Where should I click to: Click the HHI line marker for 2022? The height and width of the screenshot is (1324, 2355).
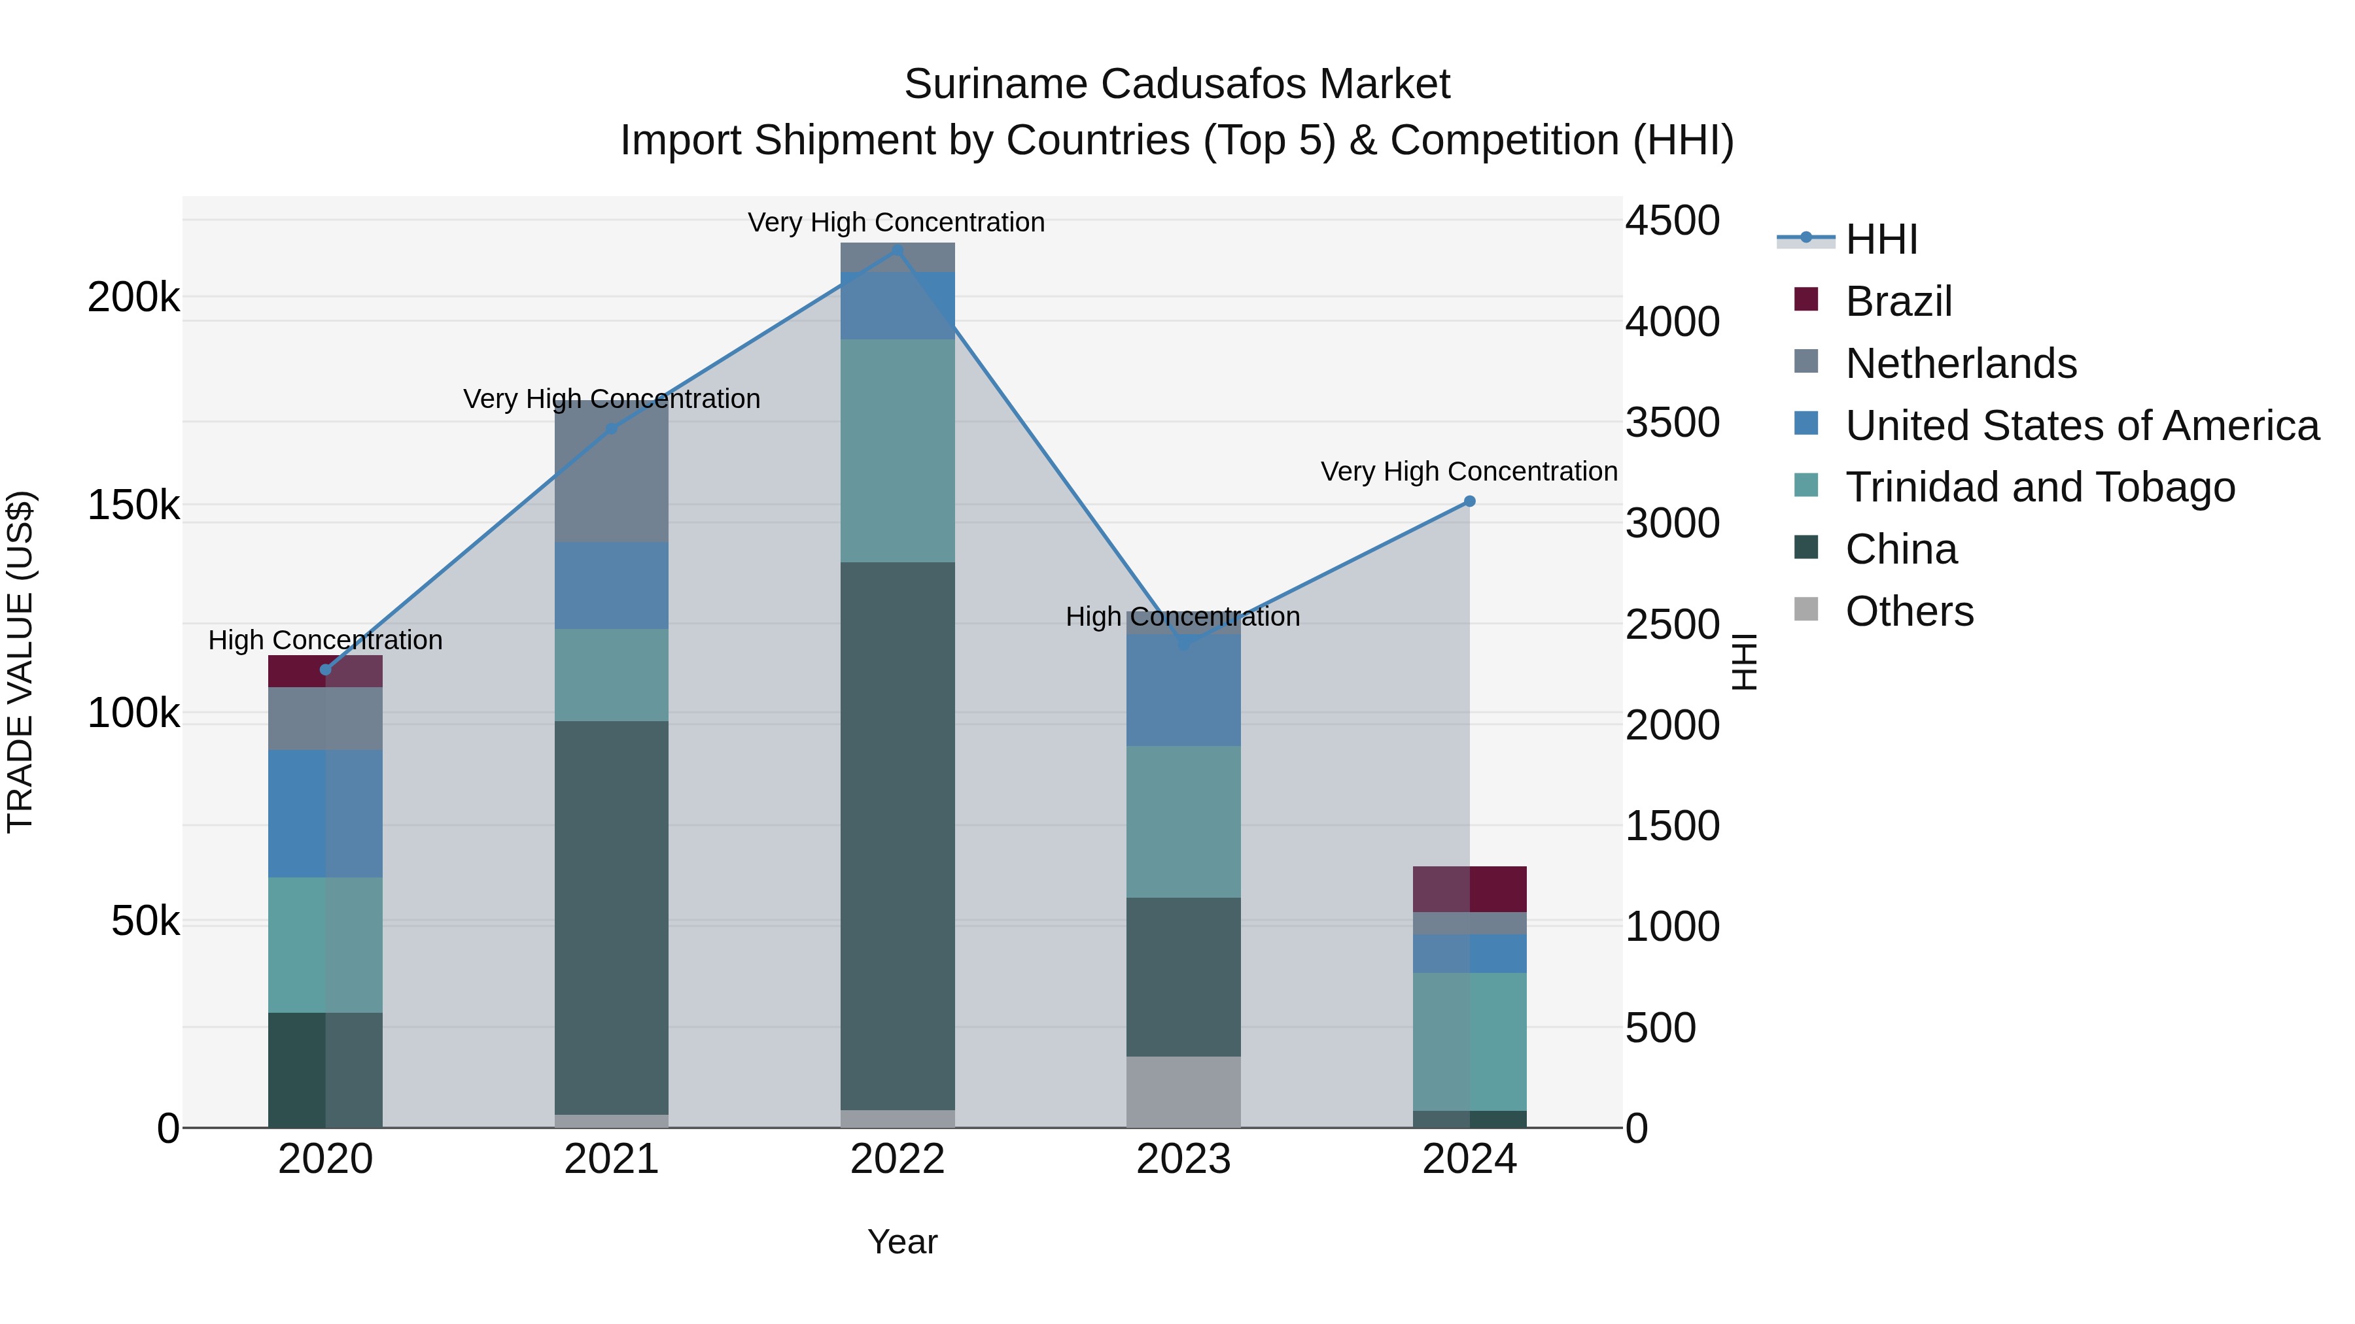(897, 250)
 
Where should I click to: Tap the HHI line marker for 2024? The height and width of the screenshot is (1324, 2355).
(1469, 501)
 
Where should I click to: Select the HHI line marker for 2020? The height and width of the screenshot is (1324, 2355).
(326, 670)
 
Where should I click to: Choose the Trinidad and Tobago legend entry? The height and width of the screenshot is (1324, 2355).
(2040, 487)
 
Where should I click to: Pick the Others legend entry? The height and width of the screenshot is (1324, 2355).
(1909, 611)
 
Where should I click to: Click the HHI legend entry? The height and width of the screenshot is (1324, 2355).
(1881, 239)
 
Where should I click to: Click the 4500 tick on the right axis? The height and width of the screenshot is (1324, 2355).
(1672, 220)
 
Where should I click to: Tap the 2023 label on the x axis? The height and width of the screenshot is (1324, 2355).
(1183, 1159)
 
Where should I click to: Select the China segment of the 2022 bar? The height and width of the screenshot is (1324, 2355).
(897, 836)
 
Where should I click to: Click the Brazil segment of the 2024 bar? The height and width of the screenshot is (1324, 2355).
(1469, 889)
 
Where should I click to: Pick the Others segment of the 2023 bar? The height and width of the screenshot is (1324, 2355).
(1183, 1092)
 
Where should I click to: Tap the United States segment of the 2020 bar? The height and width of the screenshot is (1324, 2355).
(326, 813)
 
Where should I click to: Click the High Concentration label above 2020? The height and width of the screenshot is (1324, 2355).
(326, 639)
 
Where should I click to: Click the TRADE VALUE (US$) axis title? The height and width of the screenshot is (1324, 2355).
(20, 662)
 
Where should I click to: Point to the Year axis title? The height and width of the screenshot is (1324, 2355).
(901, 1242)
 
